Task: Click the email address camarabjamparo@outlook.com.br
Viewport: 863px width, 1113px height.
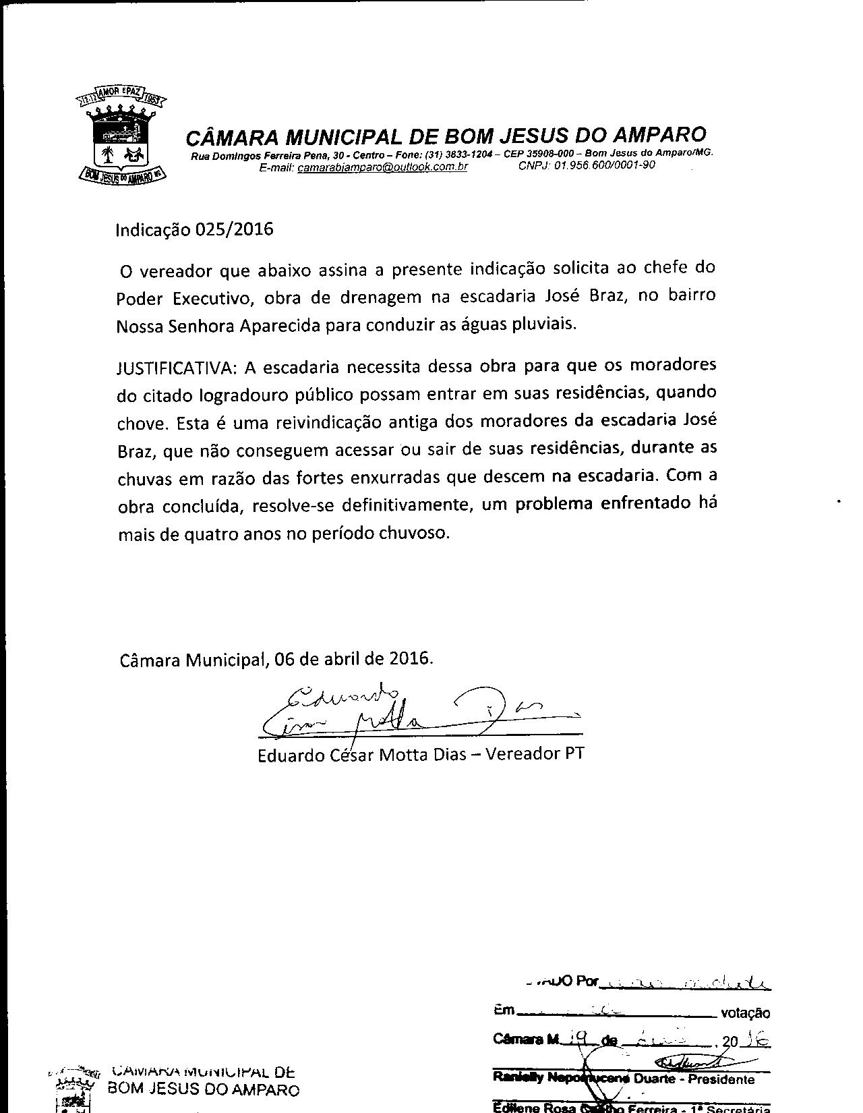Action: pyautogui.click(x=382, y=167)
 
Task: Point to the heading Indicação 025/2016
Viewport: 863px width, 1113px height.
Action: pyautogui.click(x=195, y=229)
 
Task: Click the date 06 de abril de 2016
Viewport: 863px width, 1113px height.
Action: pyautogui.click(x=353, y=658)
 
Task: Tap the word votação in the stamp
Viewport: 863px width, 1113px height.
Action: pyautogui.click(x=745, y=1012)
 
